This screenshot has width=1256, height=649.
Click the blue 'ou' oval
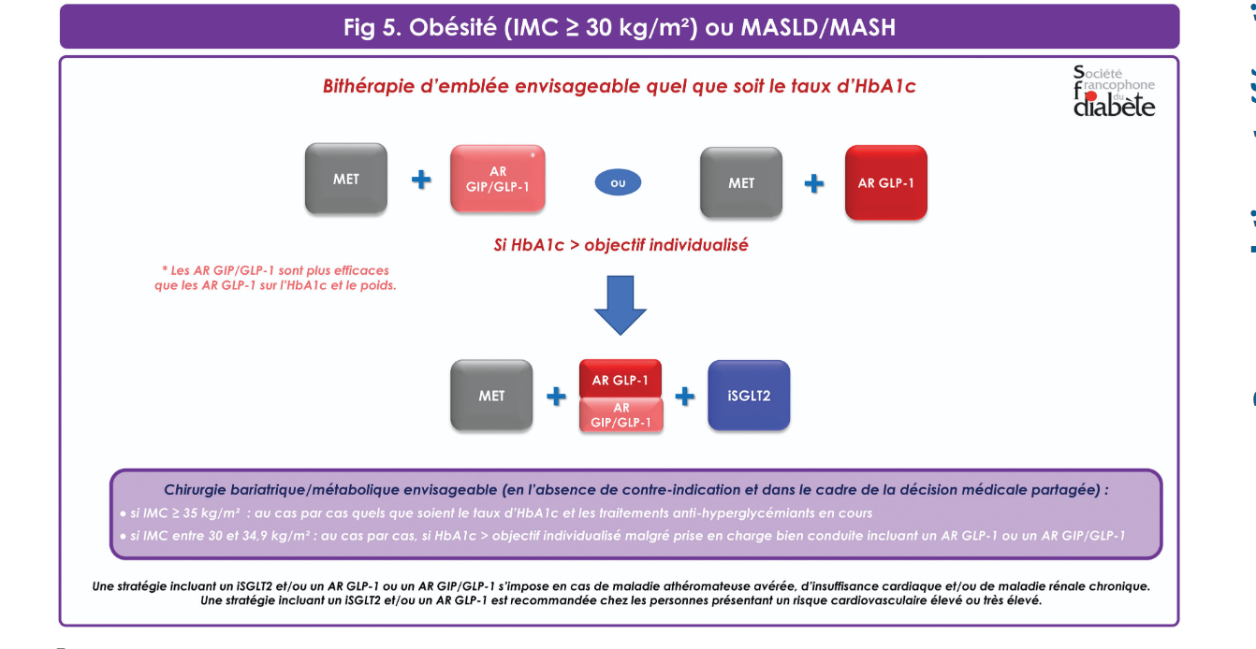pyautogui.click(x=618, y=182)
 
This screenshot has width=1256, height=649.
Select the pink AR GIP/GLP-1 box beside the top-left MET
pyautogui.click(x=497, y=179)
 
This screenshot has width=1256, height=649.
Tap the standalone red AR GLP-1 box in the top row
pyautogui.click(x=886, y=182)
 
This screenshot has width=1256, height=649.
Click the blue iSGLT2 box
pyautogui.click(x=749, y=396)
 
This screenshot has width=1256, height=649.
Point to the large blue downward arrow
pyautogui.click(x=621, y=305)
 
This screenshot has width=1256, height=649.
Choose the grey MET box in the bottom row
pyautogui.click(x=491, y=396)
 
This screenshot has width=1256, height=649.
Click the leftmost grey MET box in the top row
pyautogui.click(x=346, y=179)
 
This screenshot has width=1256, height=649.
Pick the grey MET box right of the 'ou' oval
pyautogui.click(x=740, y=182)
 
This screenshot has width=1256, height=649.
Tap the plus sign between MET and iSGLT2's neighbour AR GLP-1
pyautogui.click(x=556, y=397)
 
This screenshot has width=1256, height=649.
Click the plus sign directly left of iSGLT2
pyautogui.click(x=685, y=397)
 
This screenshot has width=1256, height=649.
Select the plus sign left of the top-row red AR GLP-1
pyautogui.click(x=813, y=183)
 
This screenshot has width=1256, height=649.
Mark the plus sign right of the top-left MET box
pyautogui.click(x=421, y=180)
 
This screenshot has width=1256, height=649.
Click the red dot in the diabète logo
pyautogui.click(x=1091, y=97)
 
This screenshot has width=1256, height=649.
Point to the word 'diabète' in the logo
pyautogui.click(x=1114, y=106)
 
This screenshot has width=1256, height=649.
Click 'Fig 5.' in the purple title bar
pyautogui.click(x=372, y=27)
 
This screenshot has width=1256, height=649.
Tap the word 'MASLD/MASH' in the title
pyautogui.click(x=818, y=27)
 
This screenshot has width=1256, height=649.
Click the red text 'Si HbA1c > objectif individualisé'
pyautogui.click(x=621, y=245)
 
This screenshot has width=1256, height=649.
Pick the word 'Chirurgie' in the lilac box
pyautogui.click(x=195, y=490)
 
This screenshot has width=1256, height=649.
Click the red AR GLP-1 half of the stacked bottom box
pyautogui.click(x=621, y=379)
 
